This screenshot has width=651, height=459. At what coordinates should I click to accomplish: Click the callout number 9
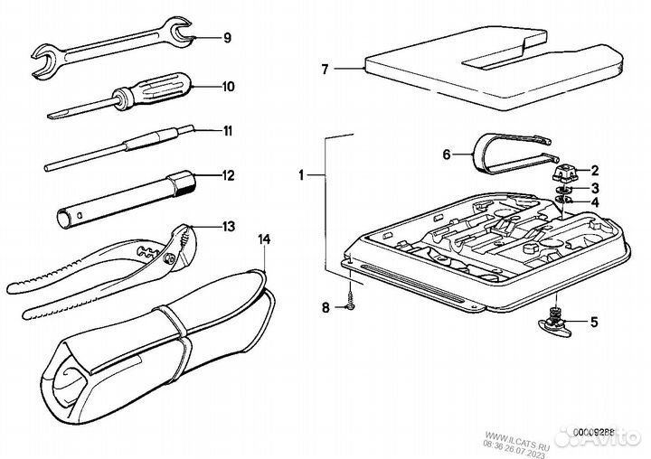(227, 38)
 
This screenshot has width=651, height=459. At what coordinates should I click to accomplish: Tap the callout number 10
(227, 87)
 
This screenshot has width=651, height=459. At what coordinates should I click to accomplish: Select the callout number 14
(264, 239)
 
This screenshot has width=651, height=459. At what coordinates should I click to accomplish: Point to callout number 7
(327, 68)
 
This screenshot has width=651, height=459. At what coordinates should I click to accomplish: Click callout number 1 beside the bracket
(307, 172)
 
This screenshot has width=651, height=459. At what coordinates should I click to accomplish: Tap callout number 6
(446, 155)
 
